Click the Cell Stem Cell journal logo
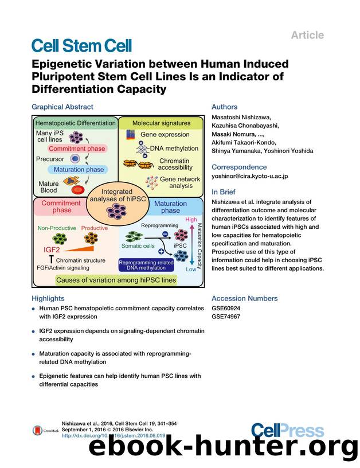pos(81,46)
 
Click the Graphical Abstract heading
pos(62,107)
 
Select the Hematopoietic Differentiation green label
pos(75,123)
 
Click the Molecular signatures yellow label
pos(161,123)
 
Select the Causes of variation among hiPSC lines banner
pos(115,280)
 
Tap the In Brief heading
pos(224,192)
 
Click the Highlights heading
pos(48,298)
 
